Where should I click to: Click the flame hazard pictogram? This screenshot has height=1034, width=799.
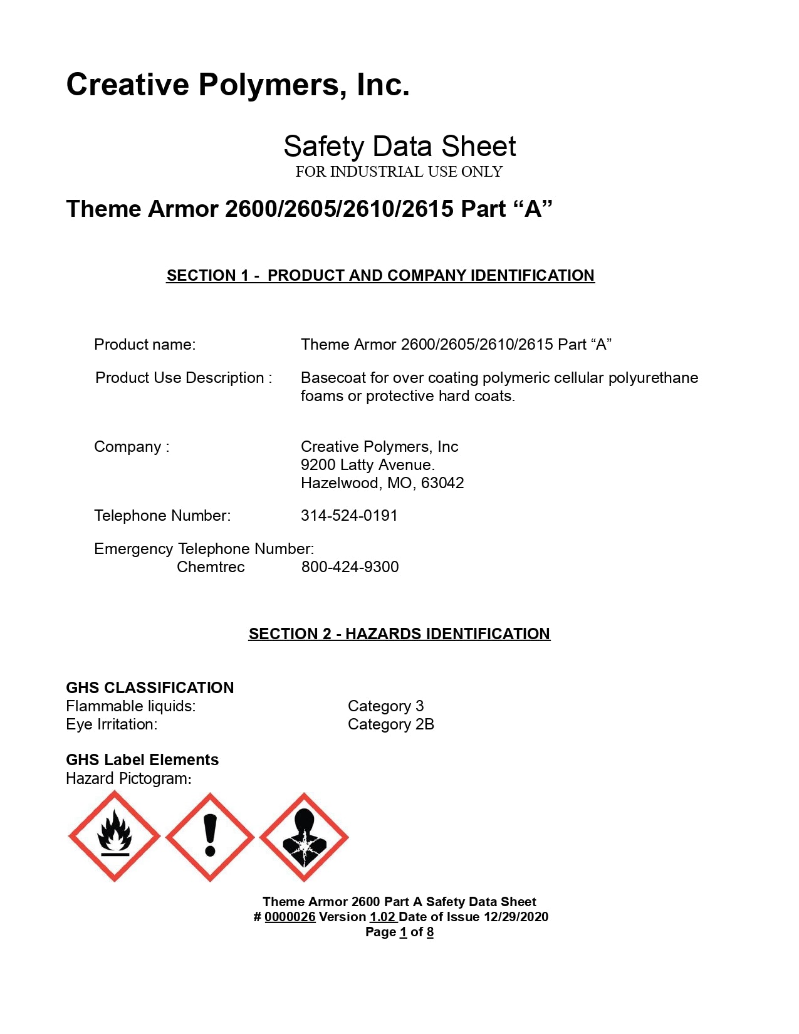coord(114,837)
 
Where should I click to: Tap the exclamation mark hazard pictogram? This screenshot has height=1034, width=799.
coord(210,837)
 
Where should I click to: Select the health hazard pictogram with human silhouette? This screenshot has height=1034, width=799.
coord(304,837)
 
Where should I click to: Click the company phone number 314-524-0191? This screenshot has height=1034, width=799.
coord(349,516)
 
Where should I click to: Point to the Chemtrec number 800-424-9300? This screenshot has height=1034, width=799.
coord(350,567)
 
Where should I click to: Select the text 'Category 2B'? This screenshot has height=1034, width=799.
coord(390,724)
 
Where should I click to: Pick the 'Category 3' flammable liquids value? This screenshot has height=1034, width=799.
coord(385,706)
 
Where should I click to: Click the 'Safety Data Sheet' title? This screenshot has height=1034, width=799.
coord(399,147)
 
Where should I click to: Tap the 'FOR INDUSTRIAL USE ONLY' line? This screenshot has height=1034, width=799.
coord(399,172)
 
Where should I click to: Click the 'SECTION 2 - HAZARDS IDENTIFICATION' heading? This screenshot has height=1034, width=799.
coord(399,634)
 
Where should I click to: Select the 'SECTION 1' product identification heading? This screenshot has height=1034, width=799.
coord(380,276)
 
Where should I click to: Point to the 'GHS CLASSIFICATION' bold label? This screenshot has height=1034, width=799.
coord(150,688)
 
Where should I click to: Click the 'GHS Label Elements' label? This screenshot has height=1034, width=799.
coord(142,760)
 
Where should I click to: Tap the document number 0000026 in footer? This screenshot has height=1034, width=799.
coord(290,917)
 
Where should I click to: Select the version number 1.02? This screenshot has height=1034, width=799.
coord(382,917)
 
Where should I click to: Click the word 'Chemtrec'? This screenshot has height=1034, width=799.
coord(211,567)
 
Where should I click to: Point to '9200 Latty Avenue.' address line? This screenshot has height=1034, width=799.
coord(368,465)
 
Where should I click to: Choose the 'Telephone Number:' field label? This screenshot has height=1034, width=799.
coord(162,516)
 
